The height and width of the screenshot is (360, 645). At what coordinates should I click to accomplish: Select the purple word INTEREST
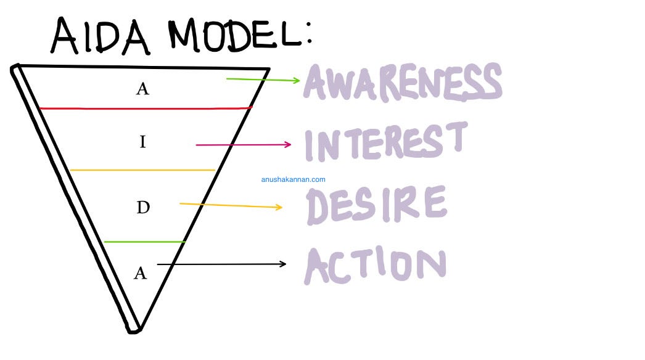tap(386, 142)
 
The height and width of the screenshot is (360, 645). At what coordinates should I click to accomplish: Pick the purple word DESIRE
tap(376, 205)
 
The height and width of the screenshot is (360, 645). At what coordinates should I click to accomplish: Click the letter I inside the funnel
tap(142, 142)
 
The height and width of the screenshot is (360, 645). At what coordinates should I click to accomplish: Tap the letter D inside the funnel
tap(142, 207)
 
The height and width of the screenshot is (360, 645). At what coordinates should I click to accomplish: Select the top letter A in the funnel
tap(142, 89)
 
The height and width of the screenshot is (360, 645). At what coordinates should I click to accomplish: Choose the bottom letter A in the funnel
tap(141, 272)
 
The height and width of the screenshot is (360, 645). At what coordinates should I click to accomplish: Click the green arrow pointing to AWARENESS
tap(263, 80)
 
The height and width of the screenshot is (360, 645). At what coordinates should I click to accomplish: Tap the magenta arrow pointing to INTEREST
tap(243, 145)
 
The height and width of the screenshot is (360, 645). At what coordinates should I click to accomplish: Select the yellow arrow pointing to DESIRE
tap(231, 205)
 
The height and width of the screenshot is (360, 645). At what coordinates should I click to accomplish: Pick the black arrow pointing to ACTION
tap(222, 264)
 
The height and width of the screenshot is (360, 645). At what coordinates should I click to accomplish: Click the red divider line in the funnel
tap(146, 108)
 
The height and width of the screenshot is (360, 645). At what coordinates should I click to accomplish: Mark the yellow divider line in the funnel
tap(142, 170)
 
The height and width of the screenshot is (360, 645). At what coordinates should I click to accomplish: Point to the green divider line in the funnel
tap(145, 242)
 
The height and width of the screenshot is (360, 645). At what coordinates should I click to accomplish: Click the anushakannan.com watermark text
tap(293, 180)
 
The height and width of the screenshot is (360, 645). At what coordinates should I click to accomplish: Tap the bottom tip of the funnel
tap(135, 330)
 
